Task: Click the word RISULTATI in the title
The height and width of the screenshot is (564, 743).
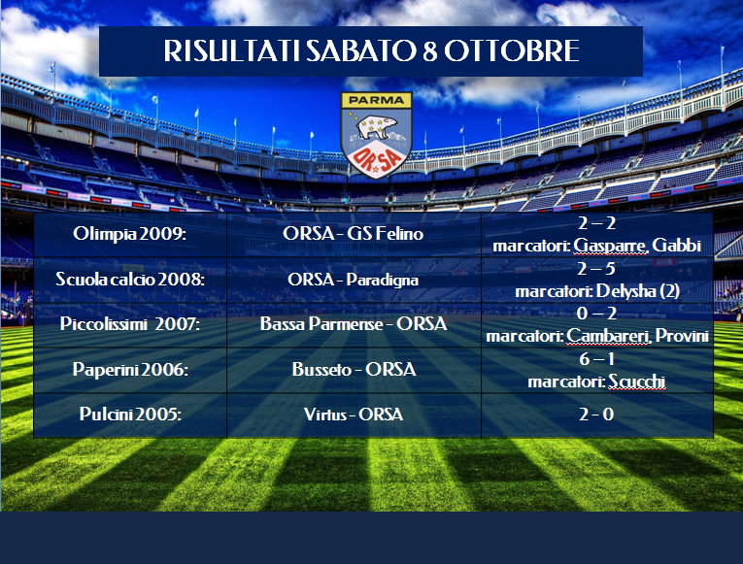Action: [x=232, y=50]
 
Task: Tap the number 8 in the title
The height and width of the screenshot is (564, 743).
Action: [x=430, y=51]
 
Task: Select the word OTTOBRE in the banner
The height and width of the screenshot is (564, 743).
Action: [x=512, y=50]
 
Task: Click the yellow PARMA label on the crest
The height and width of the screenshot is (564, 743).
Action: [x=376, y=100]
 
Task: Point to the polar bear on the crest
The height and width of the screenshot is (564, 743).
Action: [x=377, y=126]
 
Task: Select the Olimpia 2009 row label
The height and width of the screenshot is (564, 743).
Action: [x=129, y=233]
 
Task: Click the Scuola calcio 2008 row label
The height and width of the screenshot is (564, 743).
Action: [x=130, y=279]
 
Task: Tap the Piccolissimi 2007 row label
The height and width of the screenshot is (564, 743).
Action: [x=130, y=324]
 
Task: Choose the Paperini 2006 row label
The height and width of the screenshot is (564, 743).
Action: [x=130, y=370]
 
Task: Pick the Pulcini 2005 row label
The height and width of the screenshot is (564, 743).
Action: [x=130, y=414]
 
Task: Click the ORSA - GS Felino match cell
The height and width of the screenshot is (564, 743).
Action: [x=353, y=233]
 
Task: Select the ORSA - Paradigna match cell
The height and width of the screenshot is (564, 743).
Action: [x=353, y=280]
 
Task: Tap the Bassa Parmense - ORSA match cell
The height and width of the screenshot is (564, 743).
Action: [x=354, y=324]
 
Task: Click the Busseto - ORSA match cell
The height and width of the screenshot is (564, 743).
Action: [x=354, y=370]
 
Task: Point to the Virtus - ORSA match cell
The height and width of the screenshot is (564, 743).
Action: [x=354, y=415]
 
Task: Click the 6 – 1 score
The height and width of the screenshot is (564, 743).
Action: [x=596, y=359]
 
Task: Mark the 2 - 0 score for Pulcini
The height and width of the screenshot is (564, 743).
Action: [x=596, y=415]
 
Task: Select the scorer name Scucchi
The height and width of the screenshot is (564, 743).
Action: [x=637, y=382]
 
